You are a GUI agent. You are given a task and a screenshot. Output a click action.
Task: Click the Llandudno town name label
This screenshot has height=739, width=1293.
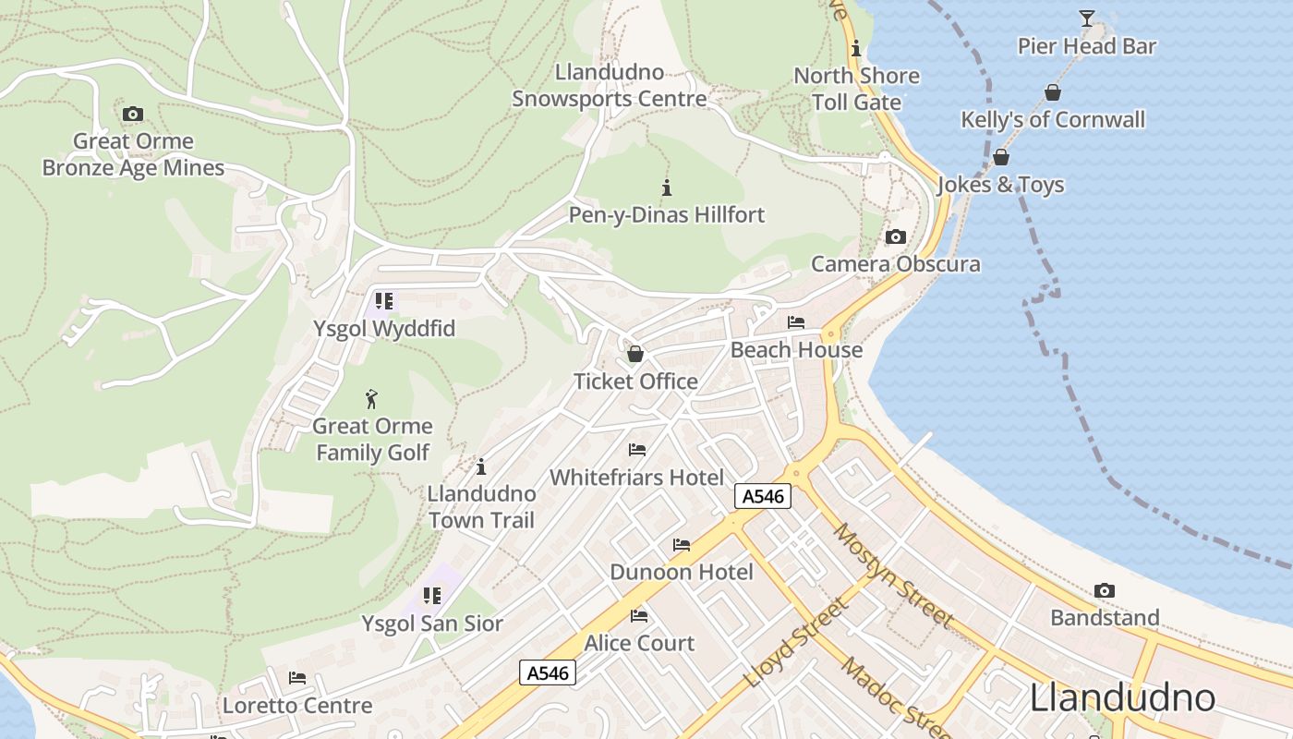click(x=1122, y=697)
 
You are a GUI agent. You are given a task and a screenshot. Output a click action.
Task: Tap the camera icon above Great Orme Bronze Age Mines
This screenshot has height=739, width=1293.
click(x=133, y=115)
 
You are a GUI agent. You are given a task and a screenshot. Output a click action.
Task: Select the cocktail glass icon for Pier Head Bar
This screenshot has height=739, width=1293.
click(x=1086, y=18)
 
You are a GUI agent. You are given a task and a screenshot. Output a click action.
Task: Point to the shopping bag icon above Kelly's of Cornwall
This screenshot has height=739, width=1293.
click(x=1052, y=92)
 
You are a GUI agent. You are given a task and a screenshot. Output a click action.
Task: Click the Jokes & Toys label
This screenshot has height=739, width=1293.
click(x=1001, y=185)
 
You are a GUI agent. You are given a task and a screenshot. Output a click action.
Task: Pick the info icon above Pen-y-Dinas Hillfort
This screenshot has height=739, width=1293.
click(x=666, y=188)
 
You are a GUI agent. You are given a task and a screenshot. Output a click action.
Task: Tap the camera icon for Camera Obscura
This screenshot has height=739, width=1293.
click(x=895, y=237)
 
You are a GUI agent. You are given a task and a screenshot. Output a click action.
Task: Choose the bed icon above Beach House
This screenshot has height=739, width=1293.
click(x=795, y=322)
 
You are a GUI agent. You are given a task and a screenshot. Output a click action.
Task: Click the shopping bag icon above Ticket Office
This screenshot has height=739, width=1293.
click(x=635, y=354)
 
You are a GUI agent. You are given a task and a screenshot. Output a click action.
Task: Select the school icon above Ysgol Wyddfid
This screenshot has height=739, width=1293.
click(x=383, y=301)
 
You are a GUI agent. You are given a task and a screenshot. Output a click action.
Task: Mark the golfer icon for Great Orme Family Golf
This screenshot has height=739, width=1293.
click(x=371, y=399)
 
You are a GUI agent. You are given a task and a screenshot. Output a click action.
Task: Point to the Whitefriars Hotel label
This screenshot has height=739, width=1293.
click(x=636, y=478)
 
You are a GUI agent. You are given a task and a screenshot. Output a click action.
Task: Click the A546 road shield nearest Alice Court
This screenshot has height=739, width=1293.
click(x=548, y=672)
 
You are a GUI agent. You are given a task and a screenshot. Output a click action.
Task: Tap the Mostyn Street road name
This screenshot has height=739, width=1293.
click(x=893, y=575)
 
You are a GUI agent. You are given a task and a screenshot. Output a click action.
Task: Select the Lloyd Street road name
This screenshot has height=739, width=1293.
click(x=795, y=643)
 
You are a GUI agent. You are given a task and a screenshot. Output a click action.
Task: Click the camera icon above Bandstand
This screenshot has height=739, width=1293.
click(x=1104, y=591)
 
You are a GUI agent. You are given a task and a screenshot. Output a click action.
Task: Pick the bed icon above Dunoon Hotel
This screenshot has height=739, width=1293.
click(x=682, y=545)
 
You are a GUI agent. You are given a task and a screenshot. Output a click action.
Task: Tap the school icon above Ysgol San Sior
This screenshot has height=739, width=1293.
click(x=431, y=597)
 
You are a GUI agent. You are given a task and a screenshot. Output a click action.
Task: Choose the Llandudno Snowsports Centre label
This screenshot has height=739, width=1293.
click(x=610, y=85)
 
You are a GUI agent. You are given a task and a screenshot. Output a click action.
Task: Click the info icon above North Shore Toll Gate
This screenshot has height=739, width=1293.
click(x=856, y=48)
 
